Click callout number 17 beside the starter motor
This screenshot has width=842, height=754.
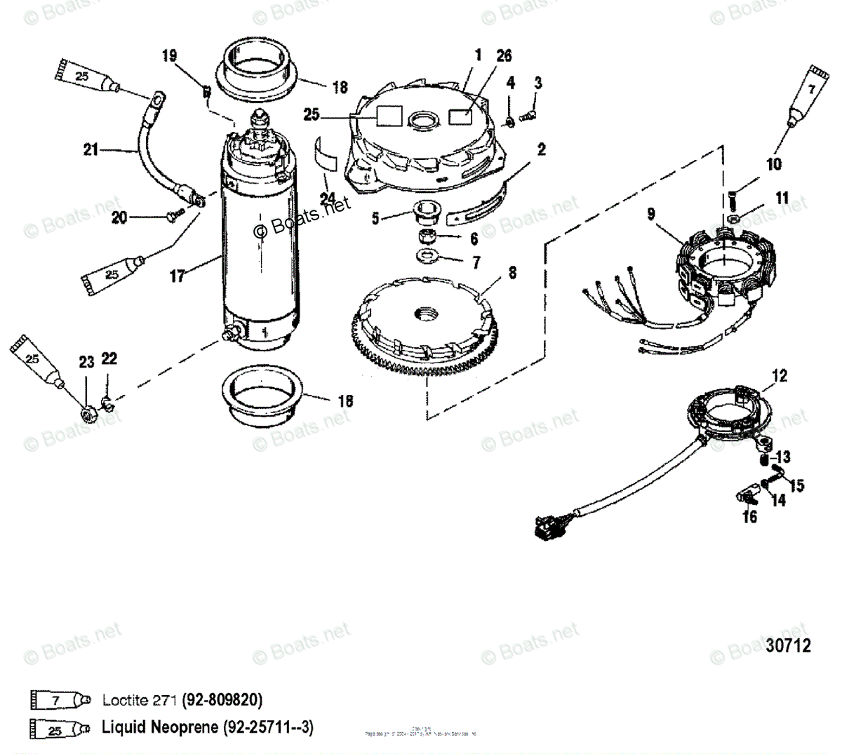pos(178,276)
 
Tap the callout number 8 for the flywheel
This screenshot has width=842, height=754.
pos(512,272)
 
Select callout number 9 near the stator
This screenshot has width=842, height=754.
pos(651,213)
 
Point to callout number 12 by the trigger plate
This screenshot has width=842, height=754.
pos(780,376)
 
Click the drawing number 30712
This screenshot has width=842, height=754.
pos(788,645)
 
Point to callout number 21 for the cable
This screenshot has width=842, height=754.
pos(91,149)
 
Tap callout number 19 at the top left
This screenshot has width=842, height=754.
pos(170,56)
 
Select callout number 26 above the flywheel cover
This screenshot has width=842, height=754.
pos(504,56)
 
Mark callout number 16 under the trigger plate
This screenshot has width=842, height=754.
pos(750,517)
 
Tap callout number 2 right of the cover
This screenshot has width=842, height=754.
pos(542,149)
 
